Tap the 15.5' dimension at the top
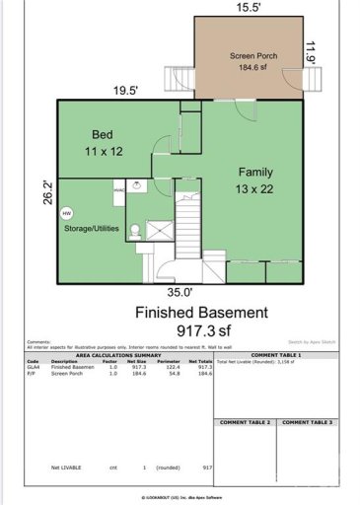tap(247, 7)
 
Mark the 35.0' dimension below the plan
tap(180, 292)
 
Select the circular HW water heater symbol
tap(67, 212)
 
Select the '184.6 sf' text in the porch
tap(251, 68)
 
